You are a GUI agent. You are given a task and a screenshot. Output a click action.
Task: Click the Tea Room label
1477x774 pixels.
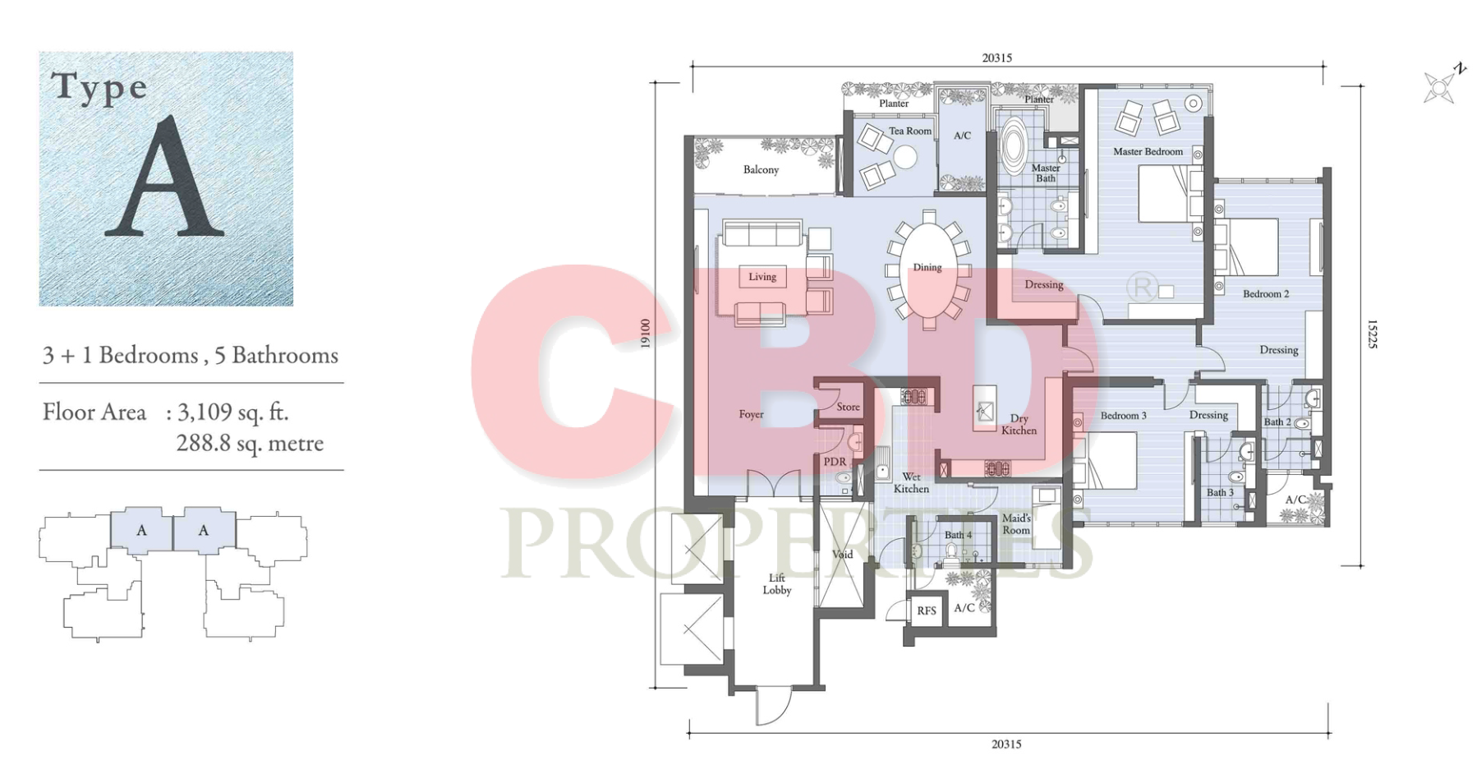coord(910,131)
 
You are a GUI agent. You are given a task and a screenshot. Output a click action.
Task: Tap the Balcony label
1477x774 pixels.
coord(761,170)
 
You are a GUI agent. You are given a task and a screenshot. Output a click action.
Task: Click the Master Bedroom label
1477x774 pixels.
coord(1148,152)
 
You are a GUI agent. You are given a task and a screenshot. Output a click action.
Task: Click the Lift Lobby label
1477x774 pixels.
coord(777,584)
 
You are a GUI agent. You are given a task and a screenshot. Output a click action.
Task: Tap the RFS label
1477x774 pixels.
coord(927,611)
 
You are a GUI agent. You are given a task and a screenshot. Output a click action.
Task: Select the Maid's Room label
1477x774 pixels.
coord(1016,524)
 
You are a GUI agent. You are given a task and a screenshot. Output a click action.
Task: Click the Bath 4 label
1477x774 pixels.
coord(958,535)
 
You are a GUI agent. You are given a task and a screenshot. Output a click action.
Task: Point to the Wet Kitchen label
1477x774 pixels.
coord(911,483)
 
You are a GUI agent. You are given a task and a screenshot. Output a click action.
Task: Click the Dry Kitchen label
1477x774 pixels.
coord(1019,425)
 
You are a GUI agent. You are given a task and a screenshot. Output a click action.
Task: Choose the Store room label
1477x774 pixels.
coord(849,407)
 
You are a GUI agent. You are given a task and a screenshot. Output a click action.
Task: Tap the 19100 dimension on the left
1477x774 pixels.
coord(646,334)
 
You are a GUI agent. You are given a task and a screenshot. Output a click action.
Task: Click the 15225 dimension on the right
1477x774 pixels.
coord(1372,334)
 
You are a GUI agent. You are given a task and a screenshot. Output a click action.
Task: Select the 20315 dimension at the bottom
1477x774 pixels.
coord(1006,744)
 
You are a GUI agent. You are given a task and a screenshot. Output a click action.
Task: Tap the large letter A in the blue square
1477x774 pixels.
coord(165,177)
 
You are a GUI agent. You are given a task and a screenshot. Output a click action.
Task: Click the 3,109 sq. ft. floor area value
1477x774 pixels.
coord(233,412)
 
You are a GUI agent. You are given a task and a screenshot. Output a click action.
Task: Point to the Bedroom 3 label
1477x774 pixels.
coord(1123,416)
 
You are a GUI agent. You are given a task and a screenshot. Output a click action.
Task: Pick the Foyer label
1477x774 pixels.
coord(751,415)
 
